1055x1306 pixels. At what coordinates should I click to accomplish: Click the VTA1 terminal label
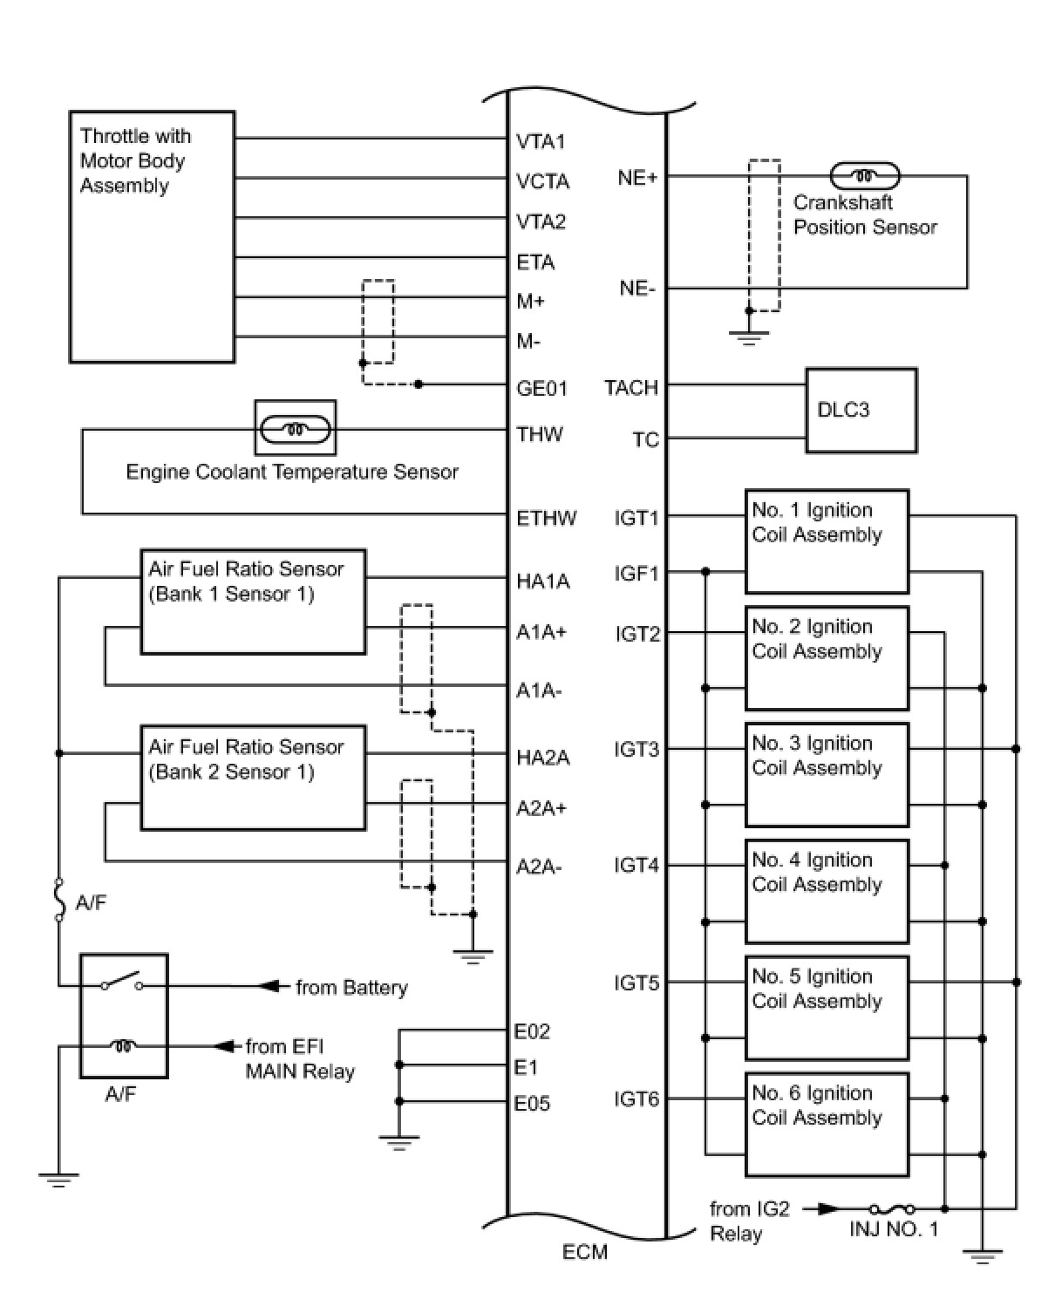541,141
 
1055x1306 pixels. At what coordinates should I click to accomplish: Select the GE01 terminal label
541,389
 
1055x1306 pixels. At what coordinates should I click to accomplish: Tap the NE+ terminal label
637,178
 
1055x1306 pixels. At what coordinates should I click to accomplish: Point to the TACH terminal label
631,388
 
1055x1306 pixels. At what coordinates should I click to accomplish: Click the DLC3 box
861,410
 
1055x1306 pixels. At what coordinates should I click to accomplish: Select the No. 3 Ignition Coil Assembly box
827,774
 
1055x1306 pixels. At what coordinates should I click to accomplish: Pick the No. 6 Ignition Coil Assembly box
827,1124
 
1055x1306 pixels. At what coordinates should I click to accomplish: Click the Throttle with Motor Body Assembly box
152,236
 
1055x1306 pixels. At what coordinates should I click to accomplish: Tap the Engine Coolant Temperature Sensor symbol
296,428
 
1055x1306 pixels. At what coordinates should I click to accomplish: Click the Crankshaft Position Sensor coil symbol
864,177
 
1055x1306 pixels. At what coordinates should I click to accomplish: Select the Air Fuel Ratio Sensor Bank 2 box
253,777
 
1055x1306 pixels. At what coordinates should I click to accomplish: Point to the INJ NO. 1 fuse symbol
892,1209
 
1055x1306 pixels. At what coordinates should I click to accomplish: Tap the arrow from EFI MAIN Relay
227,1045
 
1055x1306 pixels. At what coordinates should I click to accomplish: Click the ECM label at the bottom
585,1252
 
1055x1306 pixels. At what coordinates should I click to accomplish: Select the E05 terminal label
532,1104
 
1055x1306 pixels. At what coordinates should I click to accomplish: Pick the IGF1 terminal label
636,574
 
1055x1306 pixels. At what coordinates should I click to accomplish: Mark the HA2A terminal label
542,758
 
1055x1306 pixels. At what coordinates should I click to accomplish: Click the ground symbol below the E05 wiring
399,1142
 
